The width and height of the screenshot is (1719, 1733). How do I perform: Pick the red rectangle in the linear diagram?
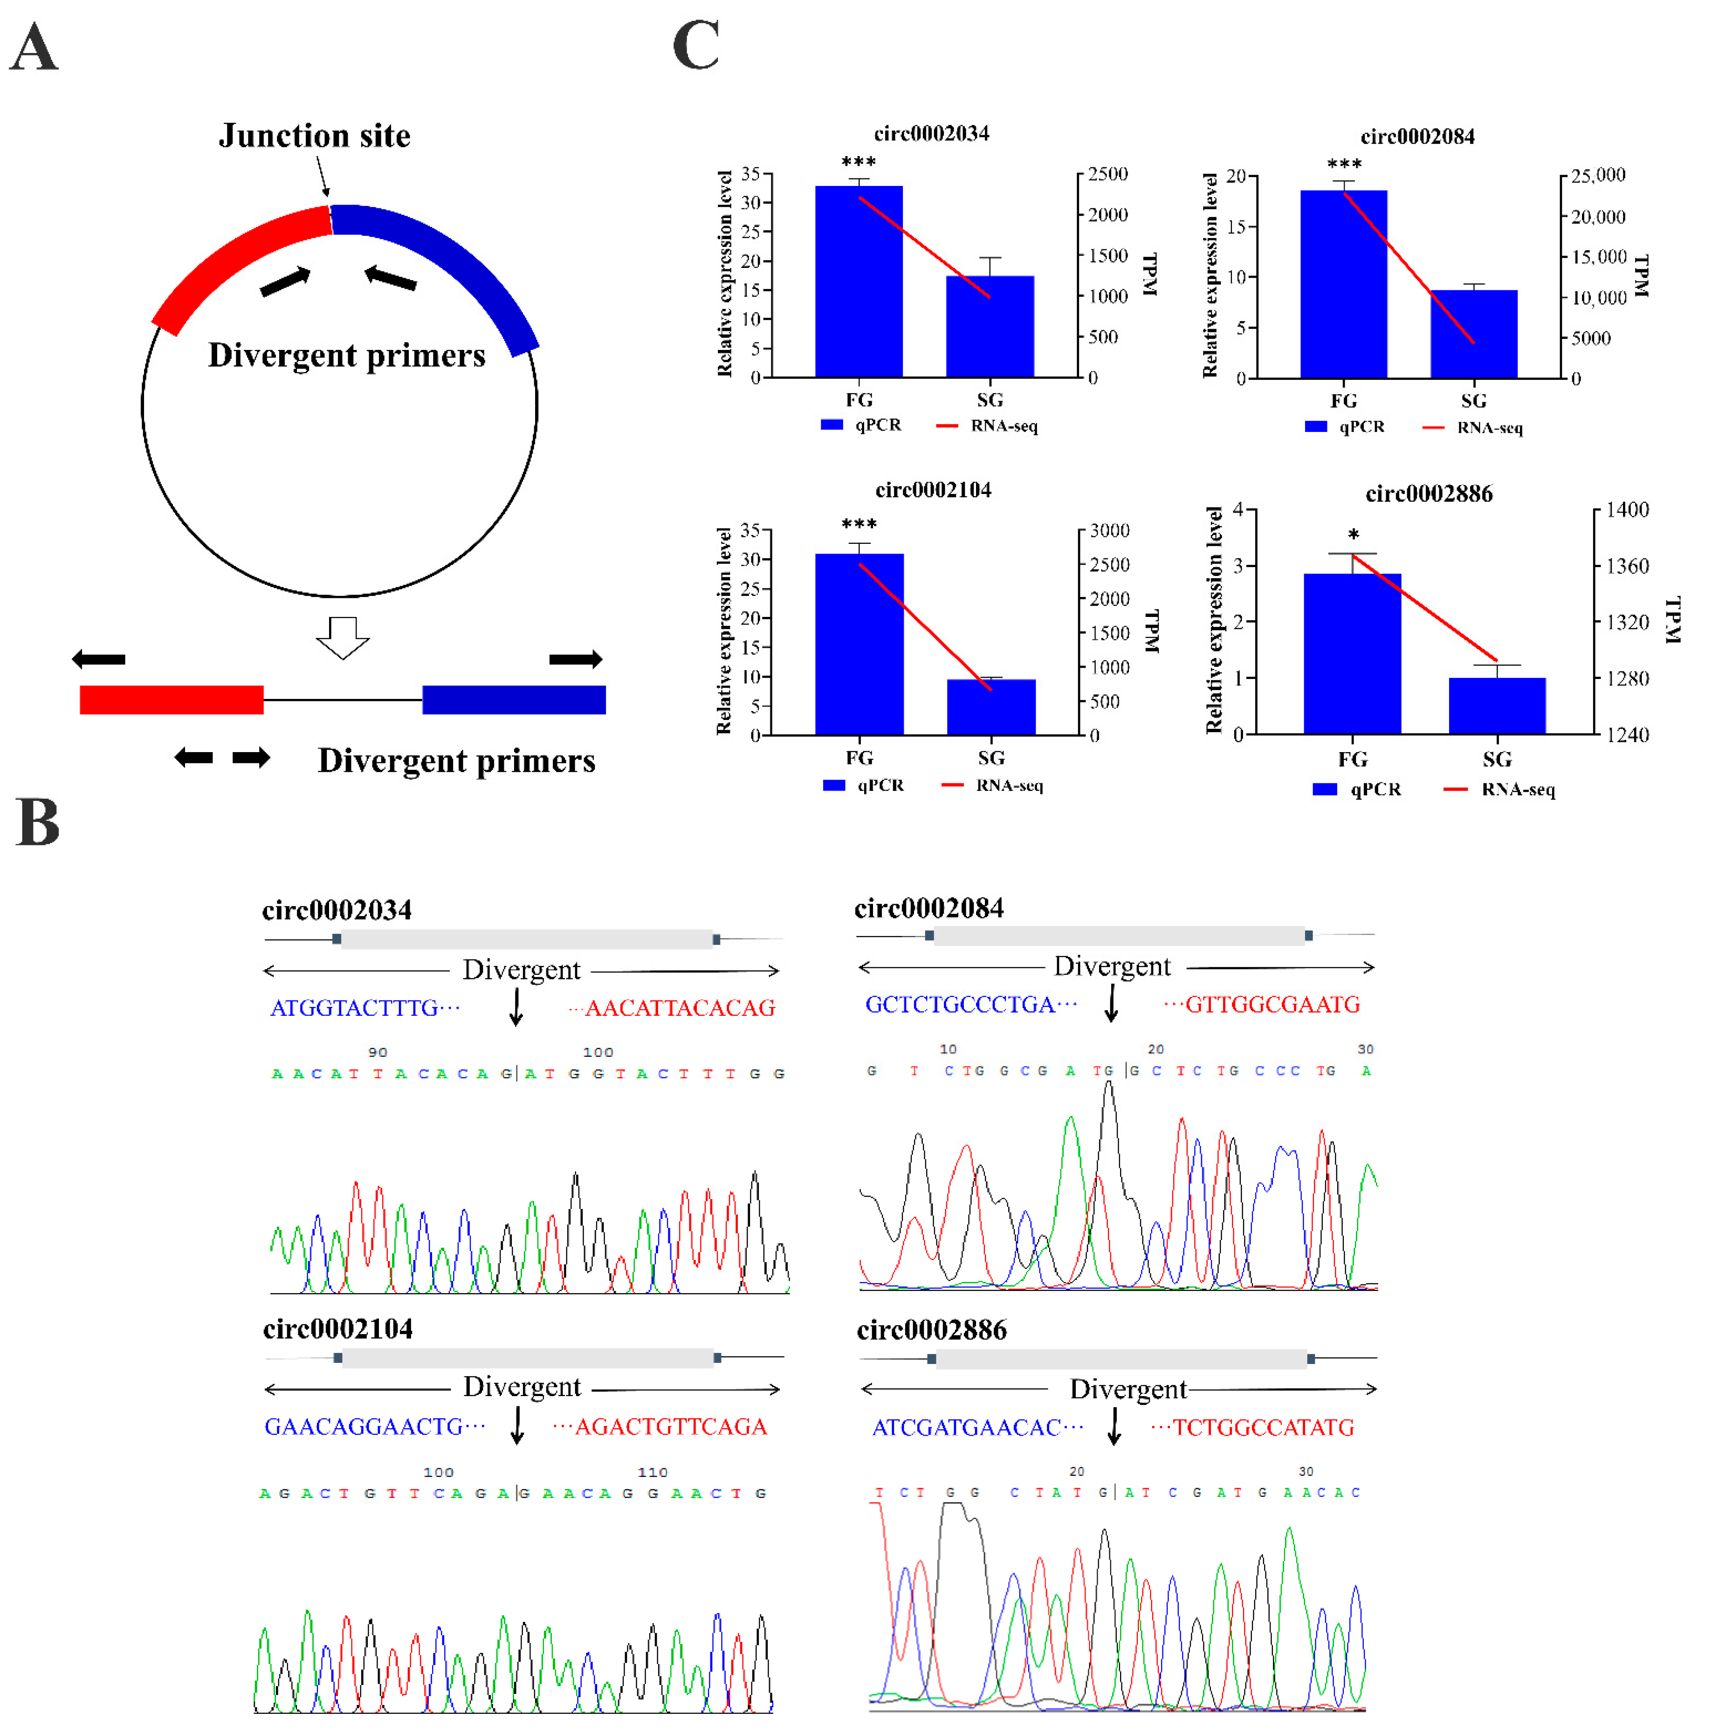click(x=172, y=699)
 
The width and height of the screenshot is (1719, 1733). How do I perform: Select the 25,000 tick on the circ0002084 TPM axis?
click(x=1598, y=175)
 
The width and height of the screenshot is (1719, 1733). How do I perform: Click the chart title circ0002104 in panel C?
click(x=933, y=490)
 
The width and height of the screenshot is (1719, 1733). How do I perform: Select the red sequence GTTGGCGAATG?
click(x=1272, y=1005)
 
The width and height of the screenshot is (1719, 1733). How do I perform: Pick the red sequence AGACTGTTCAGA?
click(x=670, y=1426)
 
